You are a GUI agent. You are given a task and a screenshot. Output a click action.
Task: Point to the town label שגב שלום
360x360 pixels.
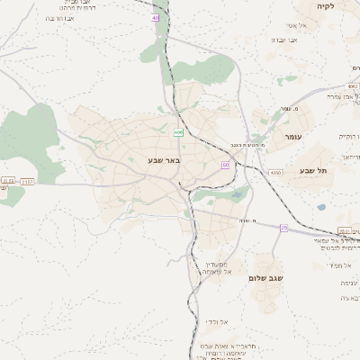[266, 279]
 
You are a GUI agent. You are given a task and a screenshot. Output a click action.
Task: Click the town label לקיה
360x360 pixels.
[324, 6]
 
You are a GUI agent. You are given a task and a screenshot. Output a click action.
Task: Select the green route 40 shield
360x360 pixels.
[156, 17]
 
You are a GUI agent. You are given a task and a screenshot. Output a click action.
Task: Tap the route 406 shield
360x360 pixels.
[179, 132]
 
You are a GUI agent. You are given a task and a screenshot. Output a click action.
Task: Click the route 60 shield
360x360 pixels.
[225, 166]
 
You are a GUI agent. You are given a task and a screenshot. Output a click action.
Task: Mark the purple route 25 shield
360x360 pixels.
[283, 228]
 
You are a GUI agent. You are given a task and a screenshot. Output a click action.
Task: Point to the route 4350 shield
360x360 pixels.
[274, 171]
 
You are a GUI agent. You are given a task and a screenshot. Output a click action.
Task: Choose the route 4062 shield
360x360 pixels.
[352, 86]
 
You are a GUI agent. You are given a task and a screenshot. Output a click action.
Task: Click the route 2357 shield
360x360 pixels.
[28, 181]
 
